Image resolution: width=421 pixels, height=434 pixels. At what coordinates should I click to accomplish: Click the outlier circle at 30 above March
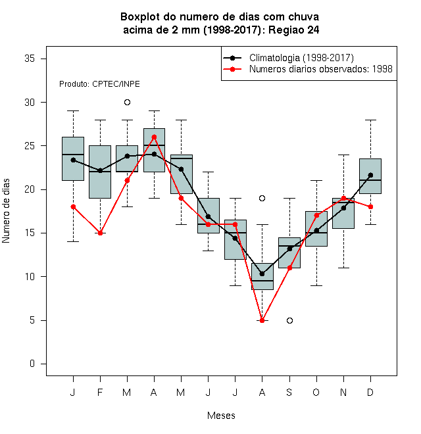click(127, 103)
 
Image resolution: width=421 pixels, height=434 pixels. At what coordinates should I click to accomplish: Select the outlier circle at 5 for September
click(289, 320)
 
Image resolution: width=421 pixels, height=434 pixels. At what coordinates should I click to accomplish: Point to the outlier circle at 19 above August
click(262, 198)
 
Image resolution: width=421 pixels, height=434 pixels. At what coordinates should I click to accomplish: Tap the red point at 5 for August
click(262, 320)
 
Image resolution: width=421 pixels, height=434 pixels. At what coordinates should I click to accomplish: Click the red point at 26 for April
click(155, 137)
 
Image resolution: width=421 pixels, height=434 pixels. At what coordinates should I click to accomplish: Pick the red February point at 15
click(100, 233)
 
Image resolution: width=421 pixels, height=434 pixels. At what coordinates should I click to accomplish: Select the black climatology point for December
click(370, 175)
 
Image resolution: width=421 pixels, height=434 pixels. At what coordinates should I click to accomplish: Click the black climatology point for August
click(262, 274)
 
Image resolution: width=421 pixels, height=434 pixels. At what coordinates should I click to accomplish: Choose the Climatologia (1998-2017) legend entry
click(289, 58)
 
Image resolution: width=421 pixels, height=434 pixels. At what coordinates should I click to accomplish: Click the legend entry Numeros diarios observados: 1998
click(308, 69)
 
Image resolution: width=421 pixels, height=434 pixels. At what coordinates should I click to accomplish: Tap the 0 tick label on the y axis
click(32, 364)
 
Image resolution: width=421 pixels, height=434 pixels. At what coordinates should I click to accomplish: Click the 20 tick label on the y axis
click(30, 189)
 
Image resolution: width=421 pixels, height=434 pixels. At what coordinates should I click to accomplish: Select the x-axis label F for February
click(100, 392)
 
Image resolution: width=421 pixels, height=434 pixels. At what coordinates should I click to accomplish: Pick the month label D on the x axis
click(370, 392)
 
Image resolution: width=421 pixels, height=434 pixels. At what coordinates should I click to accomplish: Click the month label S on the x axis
click(289, 392)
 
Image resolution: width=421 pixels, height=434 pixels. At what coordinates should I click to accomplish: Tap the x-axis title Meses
click(221, 416)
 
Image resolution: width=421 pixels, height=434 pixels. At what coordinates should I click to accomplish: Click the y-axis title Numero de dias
click(6, 211)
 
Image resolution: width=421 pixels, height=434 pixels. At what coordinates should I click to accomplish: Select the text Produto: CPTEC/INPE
click(99, 84)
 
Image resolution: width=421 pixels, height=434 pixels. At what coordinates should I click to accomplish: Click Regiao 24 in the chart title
click(294, 30)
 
